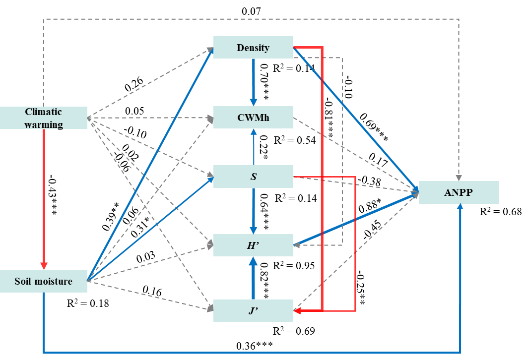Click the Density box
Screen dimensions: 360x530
pos(253,48)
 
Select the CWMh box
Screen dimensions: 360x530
pos(253,118)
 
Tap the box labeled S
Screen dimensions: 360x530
pos(253,177)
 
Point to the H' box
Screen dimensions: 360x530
pos(253,245)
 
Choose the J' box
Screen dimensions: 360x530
pos(253,311)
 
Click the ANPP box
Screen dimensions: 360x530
pos(459,192)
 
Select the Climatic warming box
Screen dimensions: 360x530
pos(44,118)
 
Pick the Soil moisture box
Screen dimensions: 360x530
pos(44,281)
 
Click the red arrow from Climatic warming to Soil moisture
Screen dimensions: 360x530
pos(44,198)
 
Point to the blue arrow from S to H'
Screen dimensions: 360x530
pos(253,208)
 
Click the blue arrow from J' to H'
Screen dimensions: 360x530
pos(253,280)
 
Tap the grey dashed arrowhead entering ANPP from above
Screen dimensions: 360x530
pos(459,177)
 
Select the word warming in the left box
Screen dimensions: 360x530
pos(44,124)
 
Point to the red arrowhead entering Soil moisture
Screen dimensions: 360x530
pos(44,265)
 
